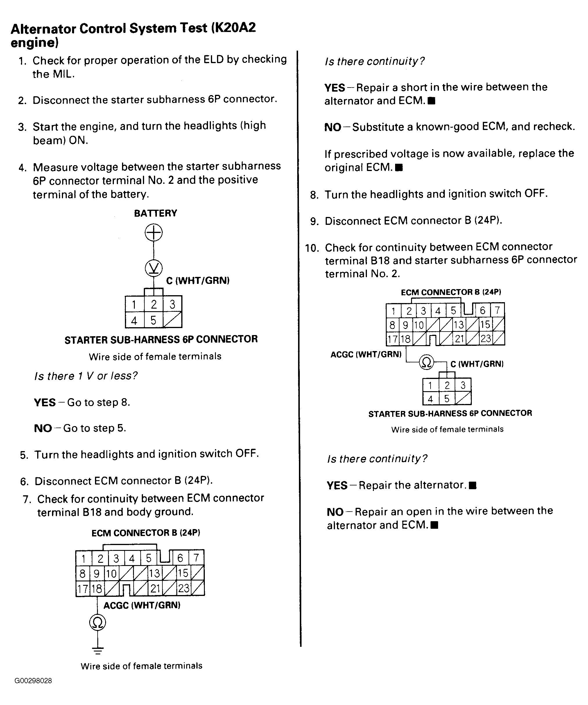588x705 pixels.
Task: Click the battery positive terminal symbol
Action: point(154,233)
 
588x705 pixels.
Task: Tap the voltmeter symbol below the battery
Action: point(154,268)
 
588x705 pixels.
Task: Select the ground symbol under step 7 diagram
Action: point(98,651)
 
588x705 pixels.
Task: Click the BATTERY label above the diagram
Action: point(155,213)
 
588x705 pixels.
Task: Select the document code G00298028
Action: point(33,681)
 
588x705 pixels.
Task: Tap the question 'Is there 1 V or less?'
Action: point(86,376)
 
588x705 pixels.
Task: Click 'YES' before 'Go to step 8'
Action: point(45,403)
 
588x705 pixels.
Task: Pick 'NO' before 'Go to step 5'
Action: point(43,428)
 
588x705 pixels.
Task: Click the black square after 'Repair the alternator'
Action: point(473,485)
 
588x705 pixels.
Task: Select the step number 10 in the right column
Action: point(312,248)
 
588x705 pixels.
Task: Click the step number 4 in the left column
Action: point(22,168)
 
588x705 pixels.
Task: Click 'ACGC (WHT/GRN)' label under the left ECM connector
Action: point(142,605)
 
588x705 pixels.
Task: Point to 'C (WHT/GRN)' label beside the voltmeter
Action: point(198,281)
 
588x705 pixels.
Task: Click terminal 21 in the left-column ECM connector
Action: point(155,588)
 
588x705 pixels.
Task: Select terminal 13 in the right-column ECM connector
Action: point(458,325)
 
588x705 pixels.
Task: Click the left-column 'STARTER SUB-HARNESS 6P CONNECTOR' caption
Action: point(161,339)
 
